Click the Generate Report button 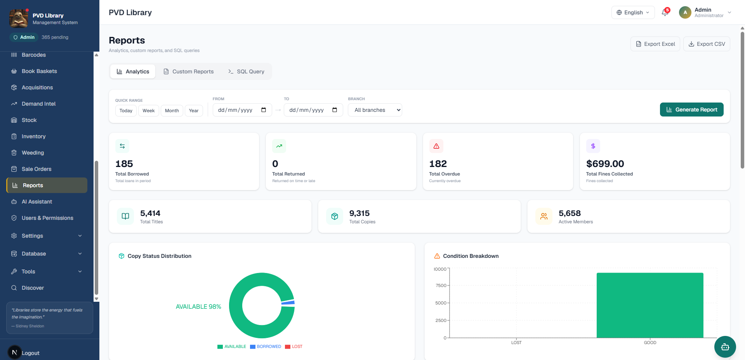691,110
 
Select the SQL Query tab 246,71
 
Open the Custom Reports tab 189,71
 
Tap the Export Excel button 655,44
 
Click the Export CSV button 707,44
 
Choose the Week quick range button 149,111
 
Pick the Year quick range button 194,111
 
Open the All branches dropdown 375,110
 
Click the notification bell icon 665,12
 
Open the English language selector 633,12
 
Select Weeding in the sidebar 33,153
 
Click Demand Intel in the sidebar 38,104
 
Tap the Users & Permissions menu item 47,218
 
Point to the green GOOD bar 650,305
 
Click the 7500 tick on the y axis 441,285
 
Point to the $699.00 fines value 605,163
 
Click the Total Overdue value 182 438,163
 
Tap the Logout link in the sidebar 31,353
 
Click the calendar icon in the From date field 264,110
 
